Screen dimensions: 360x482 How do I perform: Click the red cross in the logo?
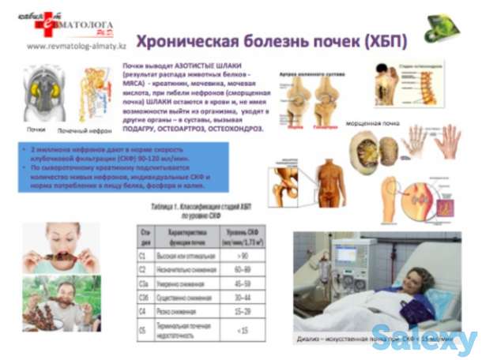coord(47,21)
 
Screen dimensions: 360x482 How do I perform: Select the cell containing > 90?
coord(245,256)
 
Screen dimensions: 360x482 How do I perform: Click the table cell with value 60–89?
coord(245,269)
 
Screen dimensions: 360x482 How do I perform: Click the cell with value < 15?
coord(245,330)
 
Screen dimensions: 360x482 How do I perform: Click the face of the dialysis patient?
coord(418,280)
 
